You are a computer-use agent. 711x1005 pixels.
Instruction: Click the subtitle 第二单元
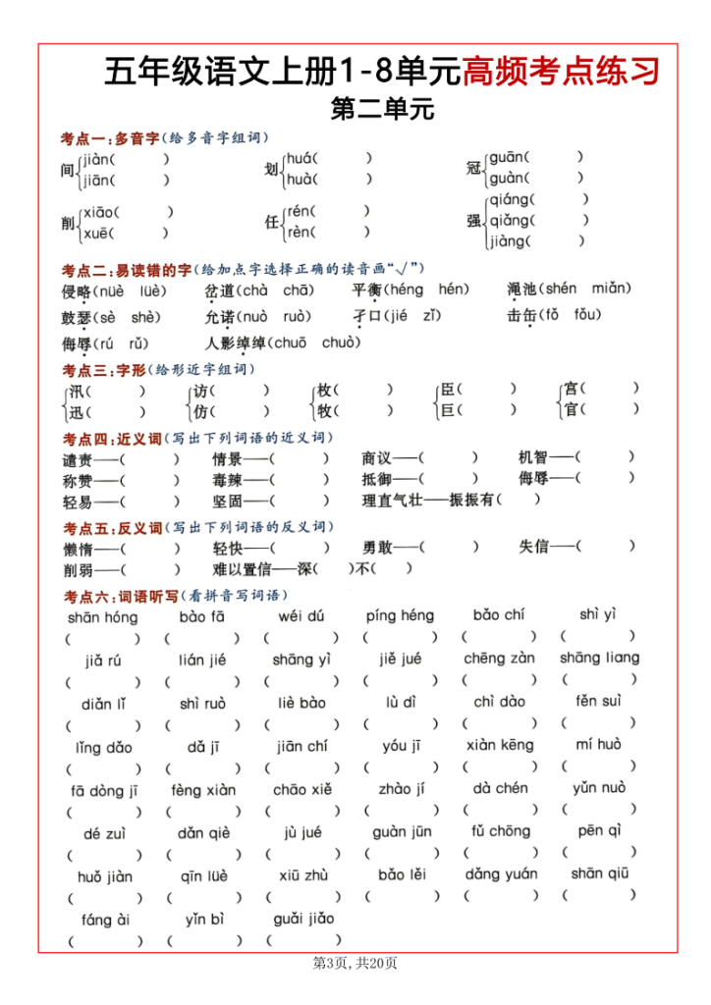(382, 108)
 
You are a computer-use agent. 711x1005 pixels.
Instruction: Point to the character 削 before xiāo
(68, 223)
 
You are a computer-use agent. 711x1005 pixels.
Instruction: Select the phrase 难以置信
(242, 570)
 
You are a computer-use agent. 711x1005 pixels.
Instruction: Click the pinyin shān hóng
(102, 617)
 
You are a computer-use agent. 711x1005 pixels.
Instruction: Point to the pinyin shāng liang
(599, 659)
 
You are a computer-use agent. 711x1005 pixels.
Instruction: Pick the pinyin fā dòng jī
(103, 791)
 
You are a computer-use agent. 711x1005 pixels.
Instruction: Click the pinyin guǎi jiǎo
(303, 920)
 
